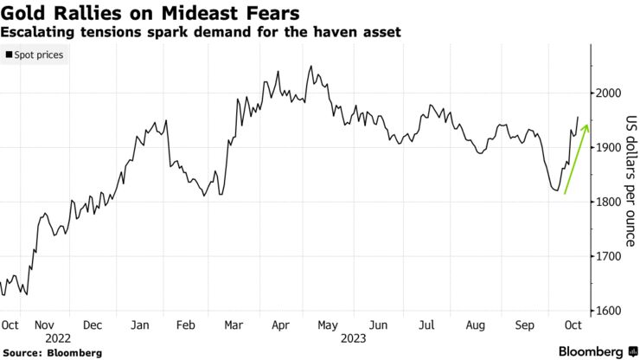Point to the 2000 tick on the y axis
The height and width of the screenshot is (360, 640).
point(611,93)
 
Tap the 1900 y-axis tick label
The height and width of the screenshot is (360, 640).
point(611,148)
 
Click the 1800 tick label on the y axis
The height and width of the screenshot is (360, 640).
point(611,202)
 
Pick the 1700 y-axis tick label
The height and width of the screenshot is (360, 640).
point(611,257)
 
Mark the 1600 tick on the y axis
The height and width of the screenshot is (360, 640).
point(611,312)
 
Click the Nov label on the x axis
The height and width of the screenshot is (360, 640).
point(57,326)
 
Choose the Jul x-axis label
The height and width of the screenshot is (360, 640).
point(426,326)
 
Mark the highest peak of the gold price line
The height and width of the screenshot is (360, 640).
point(310,66)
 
